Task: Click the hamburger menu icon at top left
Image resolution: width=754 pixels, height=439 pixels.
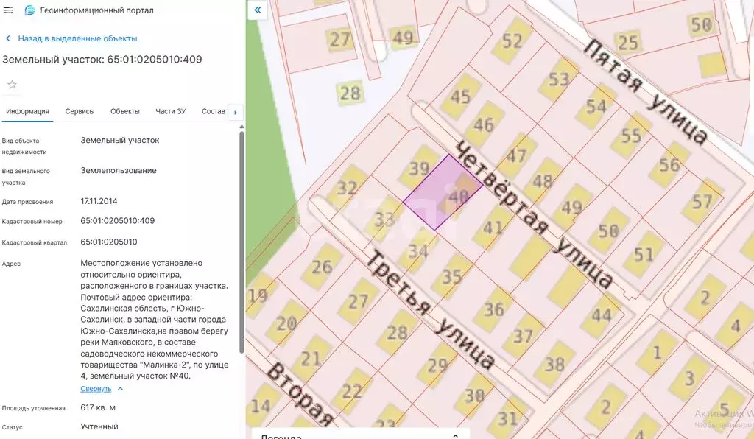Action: point(8,10)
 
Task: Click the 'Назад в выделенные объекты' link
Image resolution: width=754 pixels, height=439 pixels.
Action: point(77,38)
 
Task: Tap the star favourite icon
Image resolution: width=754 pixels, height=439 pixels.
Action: point(12,85)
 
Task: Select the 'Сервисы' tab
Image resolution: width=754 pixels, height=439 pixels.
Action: point(80,111)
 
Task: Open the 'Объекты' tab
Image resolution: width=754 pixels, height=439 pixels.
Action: point(125,111)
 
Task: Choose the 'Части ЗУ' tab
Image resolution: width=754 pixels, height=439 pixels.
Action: point(171,111)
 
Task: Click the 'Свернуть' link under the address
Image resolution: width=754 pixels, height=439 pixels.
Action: point(96,389)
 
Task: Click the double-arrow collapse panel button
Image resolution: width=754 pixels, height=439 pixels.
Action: point(257,10)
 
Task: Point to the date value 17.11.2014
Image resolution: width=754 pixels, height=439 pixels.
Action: point(99,200)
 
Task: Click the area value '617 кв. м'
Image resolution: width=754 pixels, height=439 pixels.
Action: point(98,407)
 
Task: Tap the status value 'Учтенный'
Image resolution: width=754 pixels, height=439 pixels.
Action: point(99,426)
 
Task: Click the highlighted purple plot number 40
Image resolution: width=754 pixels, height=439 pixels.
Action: point(458,196)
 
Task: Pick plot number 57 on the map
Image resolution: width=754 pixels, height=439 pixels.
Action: point(702,201)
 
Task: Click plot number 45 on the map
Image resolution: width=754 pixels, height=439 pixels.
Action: point(459,96)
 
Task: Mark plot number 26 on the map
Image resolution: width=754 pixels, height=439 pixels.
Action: point(322,266)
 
